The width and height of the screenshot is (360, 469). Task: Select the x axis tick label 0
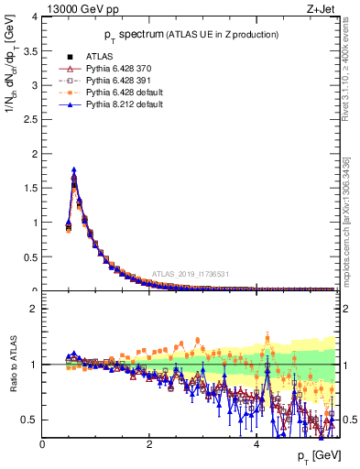(42, 444)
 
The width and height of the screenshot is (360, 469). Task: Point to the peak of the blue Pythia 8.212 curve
(73, 169)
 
